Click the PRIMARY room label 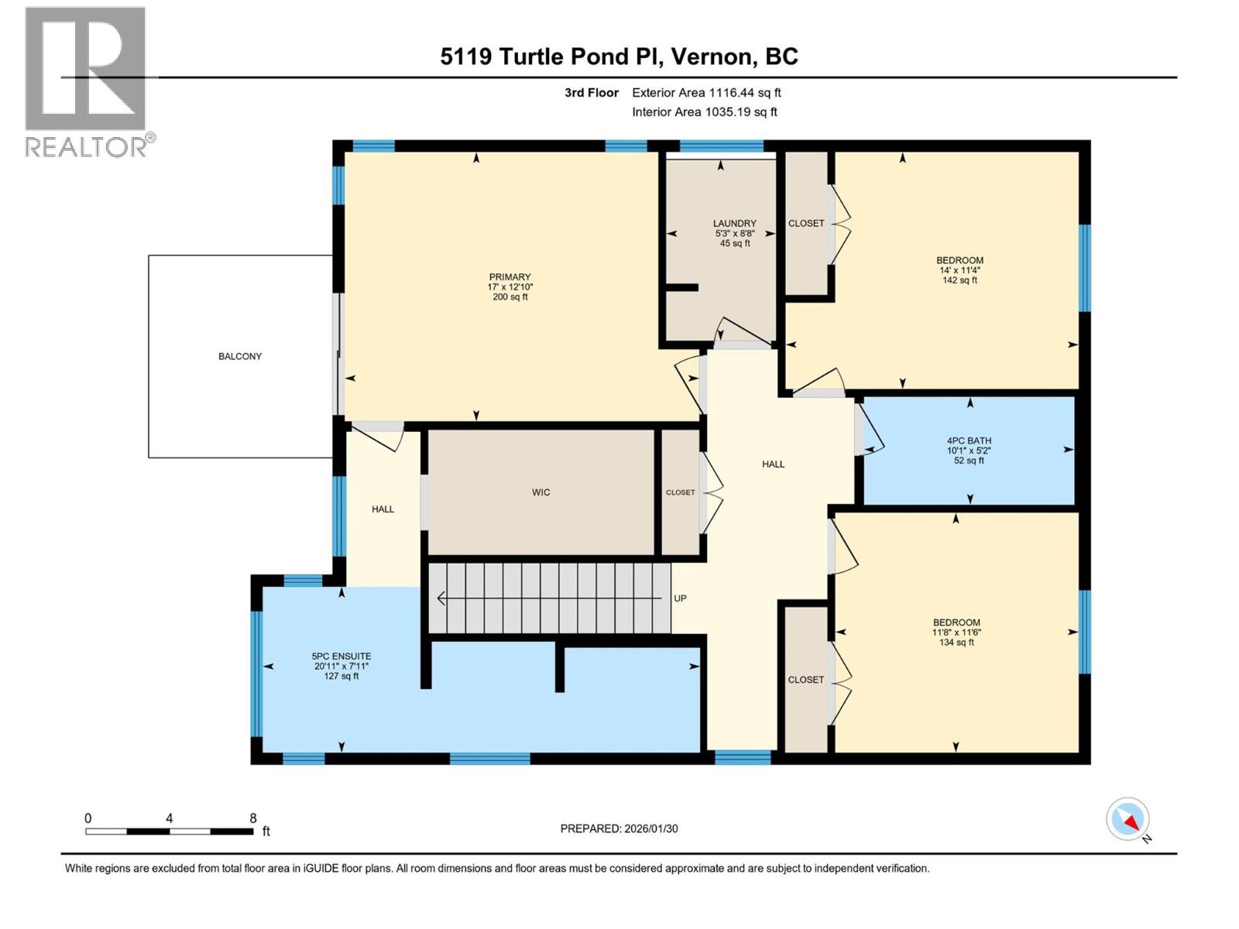510,277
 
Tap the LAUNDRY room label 734,223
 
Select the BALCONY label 240,356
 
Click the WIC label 541,492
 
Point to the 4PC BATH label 968,441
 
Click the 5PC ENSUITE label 341,656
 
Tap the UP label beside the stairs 680,598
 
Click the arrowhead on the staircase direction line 441,598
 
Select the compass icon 1128,819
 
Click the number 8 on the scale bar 253,818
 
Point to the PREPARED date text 619,828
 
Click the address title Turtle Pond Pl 619,57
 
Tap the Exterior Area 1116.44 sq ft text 706,92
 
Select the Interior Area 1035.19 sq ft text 704,111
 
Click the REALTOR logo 87,81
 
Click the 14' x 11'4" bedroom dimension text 959,270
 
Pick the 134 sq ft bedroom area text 956,643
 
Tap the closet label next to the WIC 681,492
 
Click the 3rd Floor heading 591,92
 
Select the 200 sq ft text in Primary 510,297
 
